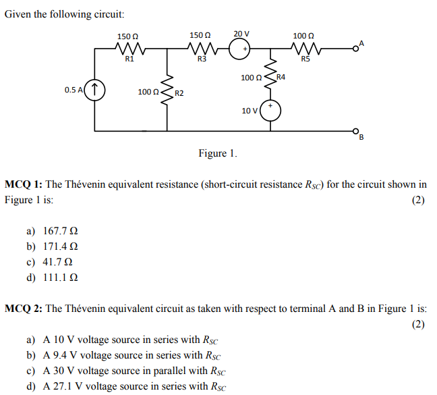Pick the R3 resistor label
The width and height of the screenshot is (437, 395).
[201, 59]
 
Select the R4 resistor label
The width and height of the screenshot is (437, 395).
[281, 78]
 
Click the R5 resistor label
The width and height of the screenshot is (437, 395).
[305, 59]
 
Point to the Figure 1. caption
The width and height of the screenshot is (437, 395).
[218, 153]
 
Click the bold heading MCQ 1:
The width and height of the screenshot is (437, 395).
[24, 184]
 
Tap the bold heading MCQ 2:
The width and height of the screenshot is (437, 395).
[24, 309]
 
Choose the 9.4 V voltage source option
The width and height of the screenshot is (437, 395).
[132, 355]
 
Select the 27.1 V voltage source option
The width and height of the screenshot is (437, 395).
[135, 386]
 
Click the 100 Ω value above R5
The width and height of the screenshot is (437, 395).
[304, 35]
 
